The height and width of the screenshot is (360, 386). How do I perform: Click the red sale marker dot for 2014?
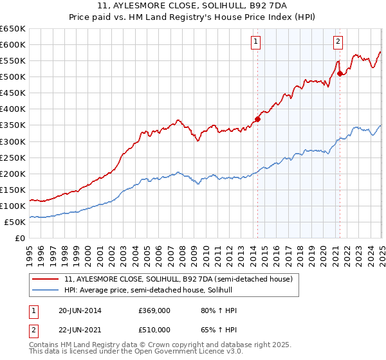coord(257,119)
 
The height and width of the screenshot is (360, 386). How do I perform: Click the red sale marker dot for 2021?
coord(340,73)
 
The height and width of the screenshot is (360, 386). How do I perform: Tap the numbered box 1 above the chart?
coord(255,42)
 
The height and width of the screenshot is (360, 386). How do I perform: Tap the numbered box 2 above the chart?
coord(338,42)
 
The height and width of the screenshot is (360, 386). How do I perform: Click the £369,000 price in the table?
coord(154,310)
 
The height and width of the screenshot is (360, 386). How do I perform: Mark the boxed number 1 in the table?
coord(33,310)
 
